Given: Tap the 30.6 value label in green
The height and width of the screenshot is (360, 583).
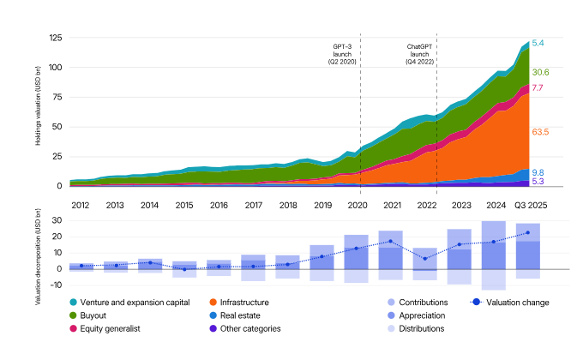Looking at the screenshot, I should (x=540, y=72).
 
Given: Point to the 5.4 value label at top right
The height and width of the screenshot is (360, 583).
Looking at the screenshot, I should (x=538, y=43).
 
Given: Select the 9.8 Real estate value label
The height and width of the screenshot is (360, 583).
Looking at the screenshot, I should (x=538, y=172).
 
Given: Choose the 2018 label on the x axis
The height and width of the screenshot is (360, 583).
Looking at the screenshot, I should (x=288, y=205).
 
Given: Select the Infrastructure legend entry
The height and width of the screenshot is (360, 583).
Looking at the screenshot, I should (x=244, y=303).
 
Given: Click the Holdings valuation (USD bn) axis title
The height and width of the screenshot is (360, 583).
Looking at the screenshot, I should (x=39, y=111).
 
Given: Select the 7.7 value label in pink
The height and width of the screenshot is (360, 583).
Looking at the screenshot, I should (x=538, y=88).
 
